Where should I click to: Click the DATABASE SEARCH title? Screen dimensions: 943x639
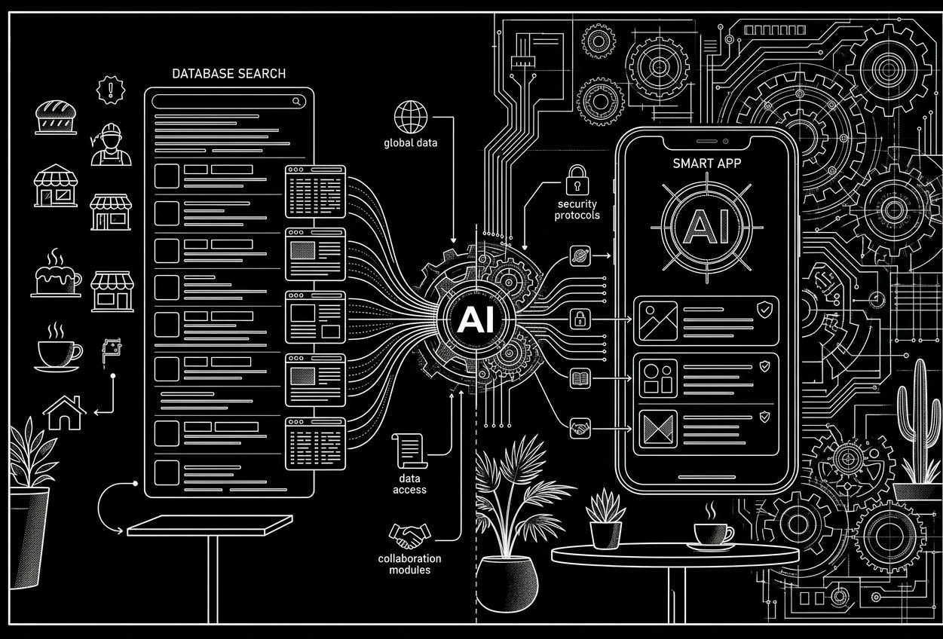tap(229, 74)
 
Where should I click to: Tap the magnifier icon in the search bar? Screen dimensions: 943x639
tap(297, 101)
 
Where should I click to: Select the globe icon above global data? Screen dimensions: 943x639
tap(411, 117)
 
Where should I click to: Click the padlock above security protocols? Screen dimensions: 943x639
tap(577, 180)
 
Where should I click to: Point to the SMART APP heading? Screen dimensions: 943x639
tap(707, 164)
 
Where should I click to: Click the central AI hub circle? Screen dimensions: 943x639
tap(476, 319)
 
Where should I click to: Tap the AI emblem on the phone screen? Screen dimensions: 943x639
tap(707, 228)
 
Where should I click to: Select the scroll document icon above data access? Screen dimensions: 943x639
tap(409, 451)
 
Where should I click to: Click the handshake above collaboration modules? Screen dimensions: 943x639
tap(409, 536)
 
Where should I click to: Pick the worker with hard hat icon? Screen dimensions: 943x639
tap(111, 145)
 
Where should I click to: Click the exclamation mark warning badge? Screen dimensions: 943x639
tap(111, 90)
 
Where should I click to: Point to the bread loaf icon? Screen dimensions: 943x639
tap(56, 118)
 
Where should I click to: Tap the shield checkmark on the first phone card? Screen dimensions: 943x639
tap(764, 310)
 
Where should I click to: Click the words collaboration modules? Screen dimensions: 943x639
tap(409, 564)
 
